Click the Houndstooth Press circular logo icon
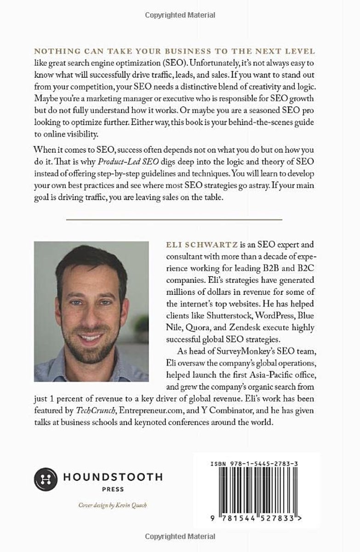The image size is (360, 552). pyautogui.click(x=45, y=479)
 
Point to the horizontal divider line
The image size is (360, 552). pyautogui.click(x=174, y=219)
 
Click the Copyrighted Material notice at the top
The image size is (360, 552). pyautogui.click(x=180, y=15)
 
